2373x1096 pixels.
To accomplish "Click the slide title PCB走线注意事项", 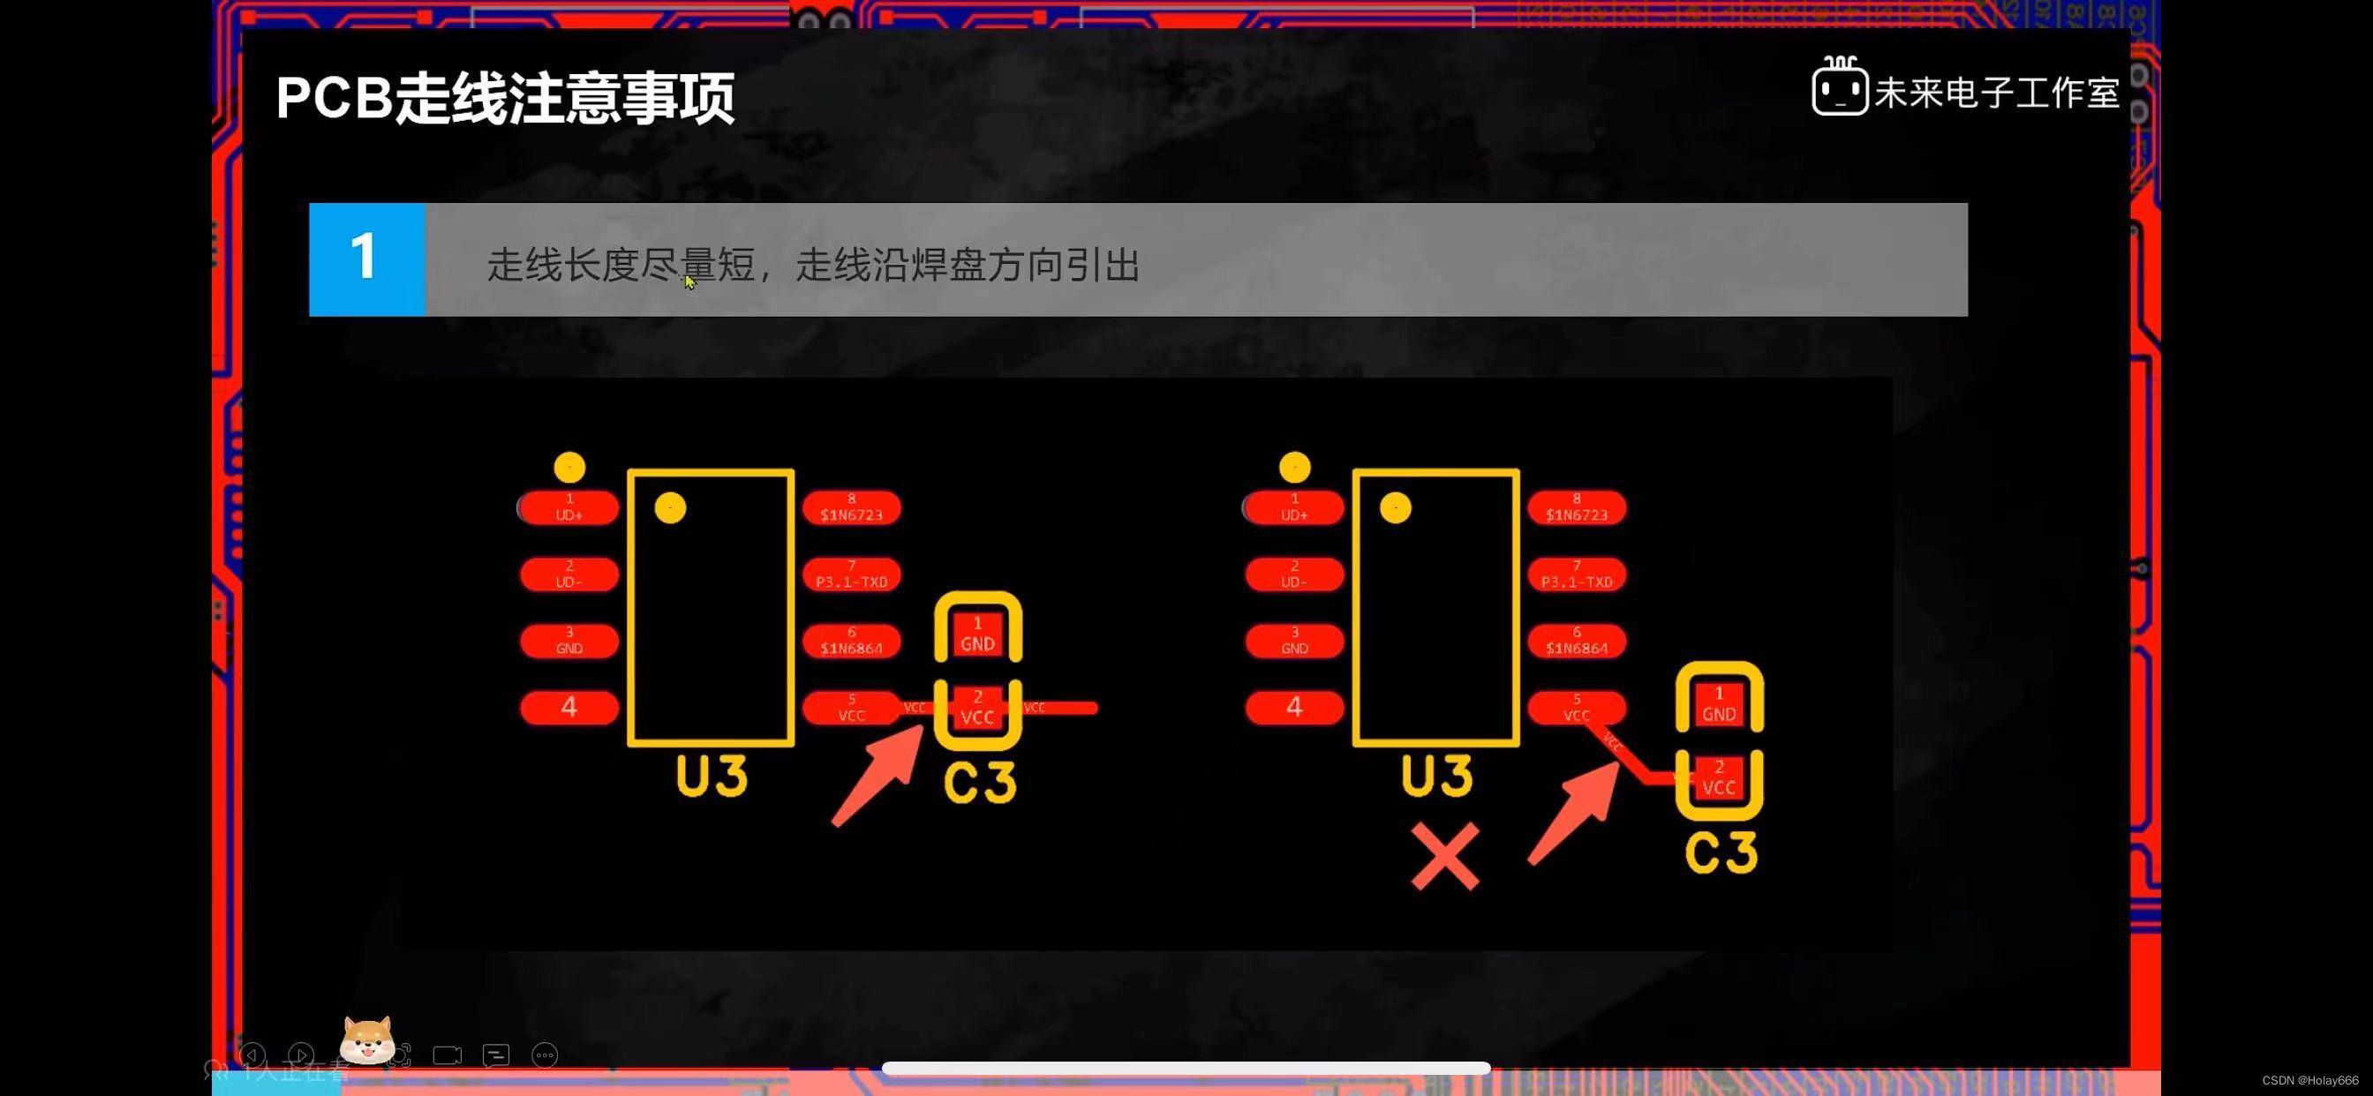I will (505, 98).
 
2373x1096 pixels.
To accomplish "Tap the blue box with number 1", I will (366, 259).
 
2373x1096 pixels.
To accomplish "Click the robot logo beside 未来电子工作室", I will (1839, 88).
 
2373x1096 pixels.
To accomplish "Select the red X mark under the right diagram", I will (1444, 856).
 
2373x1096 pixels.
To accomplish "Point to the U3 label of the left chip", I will (712, 777).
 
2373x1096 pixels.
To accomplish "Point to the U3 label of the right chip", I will (1436, 777).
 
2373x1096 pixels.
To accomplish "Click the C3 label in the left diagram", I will (979, 783).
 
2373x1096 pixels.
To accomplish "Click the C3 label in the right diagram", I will (1721, 852).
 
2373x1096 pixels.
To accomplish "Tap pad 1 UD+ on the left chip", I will (569, 507).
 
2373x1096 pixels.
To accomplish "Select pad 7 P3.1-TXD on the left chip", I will (851, 574).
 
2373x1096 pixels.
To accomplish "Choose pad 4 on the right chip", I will (1294, 708).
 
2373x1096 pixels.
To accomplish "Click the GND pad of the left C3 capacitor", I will (977, 634).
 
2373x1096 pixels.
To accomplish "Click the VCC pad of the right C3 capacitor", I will (1718, 778).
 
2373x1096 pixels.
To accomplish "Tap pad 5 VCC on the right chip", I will (1576, 709).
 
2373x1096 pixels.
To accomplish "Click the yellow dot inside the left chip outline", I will (670, 507).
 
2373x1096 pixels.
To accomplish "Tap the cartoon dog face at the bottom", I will (367, 1041).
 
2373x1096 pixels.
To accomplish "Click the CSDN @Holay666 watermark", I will (2309, 1080).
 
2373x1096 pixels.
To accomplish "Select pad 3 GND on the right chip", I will (1294, 641).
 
